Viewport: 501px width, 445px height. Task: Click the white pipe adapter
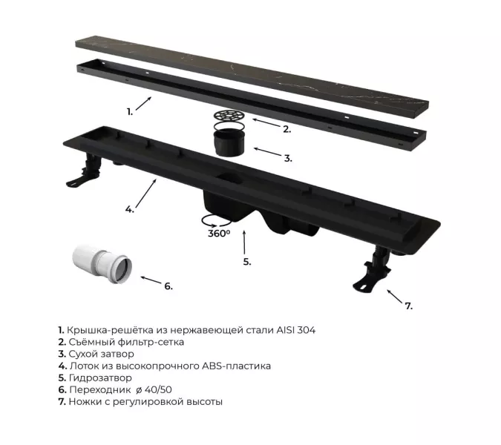[102, 264]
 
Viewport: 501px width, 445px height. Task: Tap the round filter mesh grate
[229, 116]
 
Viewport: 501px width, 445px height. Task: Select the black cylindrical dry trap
[229, 142]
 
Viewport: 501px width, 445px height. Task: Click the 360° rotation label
[219, 234]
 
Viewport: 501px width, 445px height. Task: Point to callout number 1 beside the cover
[130, 112]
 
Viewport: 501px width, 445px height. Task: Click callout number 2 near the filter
[287, 129]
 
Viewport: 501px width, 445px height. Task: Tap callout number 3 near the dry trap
[288, 158]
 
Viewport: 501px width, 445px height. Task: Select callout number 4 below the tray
[130, 210]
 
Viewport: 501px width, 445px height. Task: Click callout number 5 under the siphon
[247, 262]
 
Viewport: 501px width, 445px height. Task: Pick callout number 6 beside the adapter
[168, 286]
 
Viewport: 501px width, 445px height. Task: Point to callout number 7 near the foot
[409, 306]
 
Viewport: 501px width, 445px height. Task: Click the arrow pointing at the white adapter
[151, 280]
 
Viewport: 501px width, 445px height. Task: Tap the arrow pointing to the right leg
[395, 297]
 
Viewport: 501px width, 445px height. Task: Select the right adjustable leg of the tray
[372, 268]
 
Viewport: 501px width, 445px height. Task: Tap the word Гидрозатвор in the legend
[100, 378]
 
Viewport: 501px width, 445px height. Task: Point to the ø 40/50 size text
[154, 390]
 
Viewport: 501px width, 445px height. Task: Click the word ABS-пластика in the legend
[236, 366]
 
